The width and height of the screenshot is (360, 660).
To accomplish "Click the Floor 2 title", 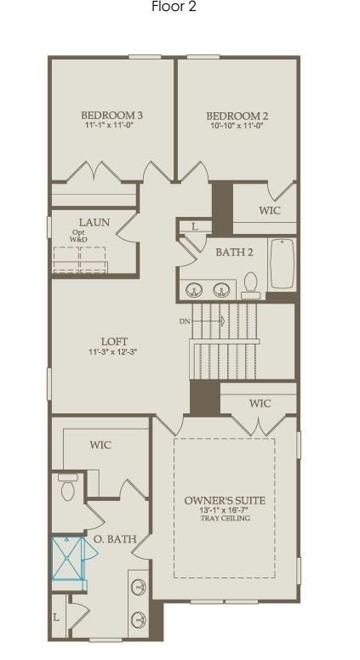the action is click(x=174, y=7).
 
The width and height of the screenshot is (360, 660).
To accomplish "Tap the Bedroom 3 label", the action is click(x=111, y=115).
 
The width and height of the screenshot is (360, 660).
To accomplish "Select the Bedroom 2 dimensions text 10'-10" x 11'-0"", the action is click(x=237, y=125).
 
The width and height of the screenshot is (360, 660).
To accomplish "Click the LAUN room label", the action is click(x=94, y=222).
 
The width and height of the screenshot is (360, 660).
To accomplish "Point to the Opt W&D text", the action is click(x=78, y=236).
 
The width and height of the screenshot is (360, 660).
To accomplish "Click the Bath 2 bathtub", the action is click(x=282, y=264).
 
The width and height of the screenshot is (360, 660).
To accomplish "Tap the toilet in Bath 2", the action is click(x=251, y=286).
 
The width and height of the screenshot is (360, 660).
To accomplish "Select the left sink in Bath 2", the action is click(x=194, y=289).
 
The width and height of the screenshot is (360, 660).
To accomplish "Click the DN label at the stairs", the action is click(x=184, y=321).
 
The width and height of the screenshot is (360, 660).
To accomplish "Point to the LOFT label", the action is click(x=114, y=341).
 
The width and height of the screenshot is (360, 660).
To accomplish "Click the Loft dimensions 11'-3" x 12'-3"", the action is click(x=113, y=352).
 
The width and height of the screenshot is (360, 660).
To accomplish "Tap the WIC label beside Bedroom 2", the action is click(x=270, y=210).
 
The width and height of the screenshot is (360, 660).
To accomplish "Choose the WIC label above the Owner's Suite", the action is click(x=260, y=403).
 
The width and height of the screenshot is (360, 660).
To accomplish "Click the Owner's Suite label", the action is click(x=225, y=500).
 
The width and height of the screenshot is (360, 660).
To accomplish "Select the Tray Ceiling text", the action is click(x=225, y=518).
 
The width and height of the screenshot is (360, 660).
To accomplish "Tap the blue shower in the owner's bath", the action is click(x=67, y=559).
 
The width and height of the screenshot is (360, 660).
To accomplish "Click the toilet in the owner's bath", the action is click(x=68, y=487).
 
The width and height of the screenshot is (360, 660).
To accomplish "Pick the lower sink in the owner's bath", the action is click(x=138, y=619).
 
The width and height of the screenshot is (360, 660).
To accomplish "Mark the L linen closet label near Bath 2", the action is click(x=195, y=226).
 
